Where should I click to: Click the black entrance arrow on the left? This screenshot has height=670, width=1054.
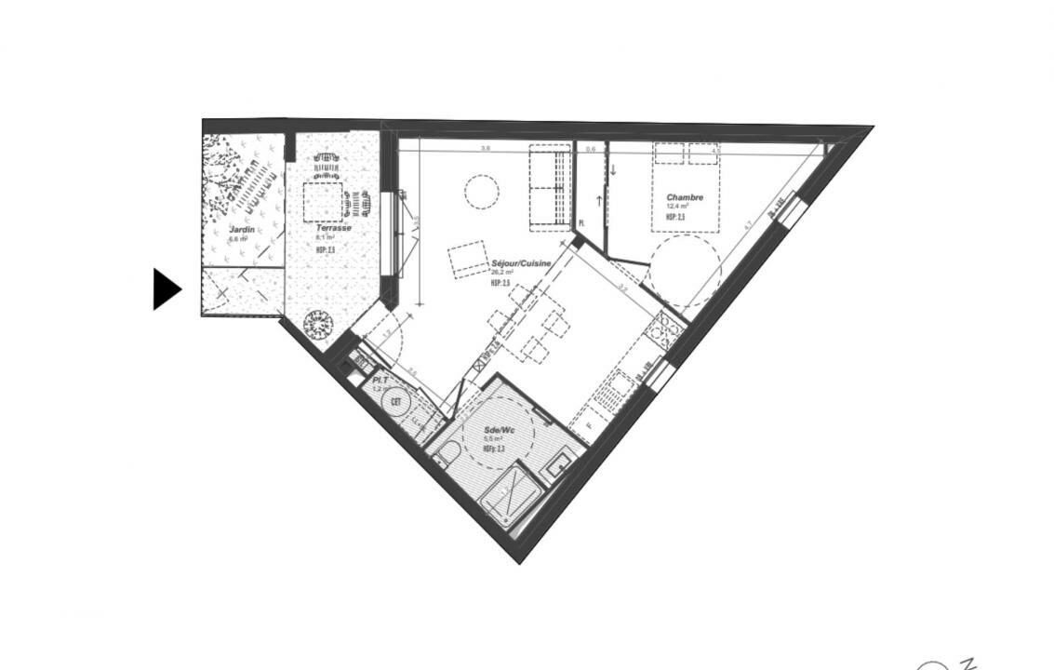166,289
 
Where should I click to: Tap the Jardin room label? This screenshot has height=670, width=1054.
243,229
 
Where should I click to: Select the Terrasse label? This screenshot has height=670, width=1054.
333,228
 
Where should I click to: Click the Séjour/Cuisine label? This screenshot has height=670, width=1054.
521,264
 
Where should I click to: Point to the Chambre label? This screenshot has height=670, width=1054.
685,198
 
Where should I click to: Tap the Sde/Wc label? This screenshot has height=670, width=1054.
499,431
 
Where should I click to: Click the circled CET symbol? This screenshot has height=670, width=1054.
396,400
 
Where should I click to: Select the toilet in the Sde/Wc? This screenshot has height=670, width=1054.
447,457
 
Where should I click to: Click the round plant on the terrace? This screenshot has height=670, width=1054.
318,324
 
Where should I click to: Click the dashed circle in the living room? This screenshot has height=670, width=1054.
482,192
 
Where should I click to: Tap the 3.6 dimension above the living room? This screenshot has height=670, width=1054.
485,149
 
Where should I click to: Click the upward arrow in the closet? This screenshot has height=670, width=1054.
598,201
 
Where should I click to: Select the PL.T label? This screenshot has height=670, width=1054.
380,382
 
